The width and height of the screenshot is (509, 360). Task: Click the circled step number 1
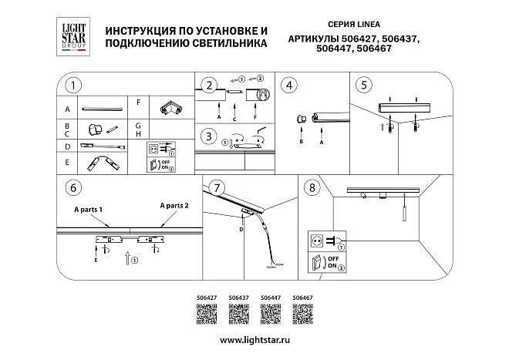coord(73,85)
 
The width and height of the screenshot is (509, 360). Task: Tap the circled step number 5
coord(364,85)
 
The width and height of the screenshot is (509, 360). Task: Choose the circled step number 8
coord(312,187)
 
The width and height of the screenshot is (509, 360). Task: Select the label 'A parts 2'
coord(174,206)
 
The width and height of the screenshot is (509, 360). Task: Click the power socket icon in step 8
coord(316,240)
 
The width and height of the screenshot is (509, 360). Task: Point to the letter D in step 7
coord(241,229)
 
